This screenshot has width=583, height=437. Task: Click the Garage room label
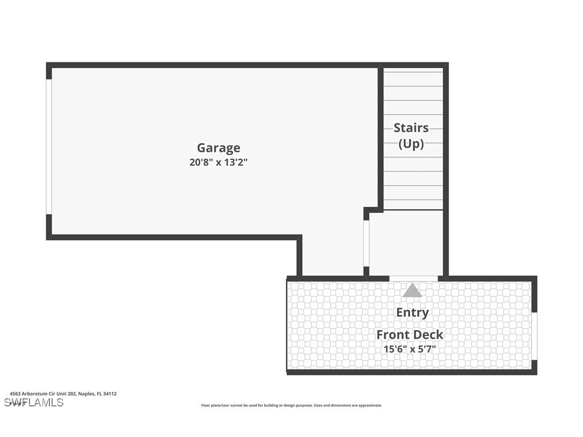pos(218,148)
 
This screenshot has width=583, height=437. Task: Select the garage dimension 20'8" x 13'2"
pos(218,162)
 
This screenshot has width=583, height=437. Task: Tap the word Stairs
pos(411,128)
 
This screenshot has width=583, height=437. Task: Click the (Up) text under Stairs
pos(411,144)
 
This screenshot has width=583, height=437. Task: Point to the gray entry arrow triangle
pos(412,290)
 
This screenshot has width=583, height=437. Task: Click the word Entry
pos(412,312)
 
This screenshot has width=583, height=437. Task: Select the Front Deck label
pos(410,334)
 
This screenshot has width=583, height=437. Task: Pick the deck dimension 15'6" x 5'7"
pos(410,349)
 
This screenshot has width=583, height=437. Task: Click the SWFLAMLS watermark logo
pos(33,403)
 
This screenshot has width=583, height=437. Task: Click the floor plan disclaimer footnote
pos(291,405)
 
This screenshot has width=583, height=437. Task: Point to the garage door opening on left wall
pos(49,147)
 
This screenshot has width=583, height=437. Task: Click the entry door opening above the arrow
pos(413,278)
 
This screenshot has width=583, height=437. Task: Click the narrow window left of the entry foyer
pos(367,243)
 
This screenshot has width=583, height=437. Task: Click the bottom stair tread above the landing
pos(413,205)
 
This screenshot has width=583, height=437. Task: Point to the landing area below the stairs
pos(406,242)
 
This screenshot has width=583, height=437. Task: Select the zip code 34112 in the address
pos(110,394)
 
